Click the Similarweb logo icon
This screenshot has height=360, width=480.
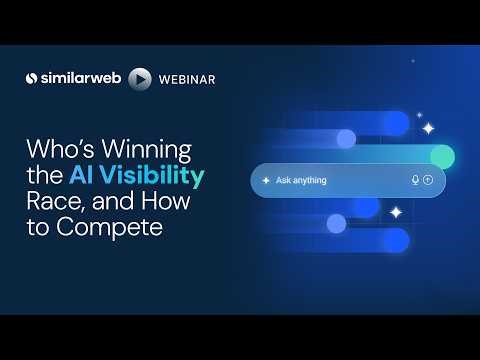pos(33,78)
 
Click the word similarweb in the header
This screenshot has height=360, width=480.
pos(81,78)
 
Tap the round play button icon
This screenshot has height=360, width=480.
pos(141,78)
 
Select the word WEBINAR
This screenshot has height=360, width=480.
pos(187,78)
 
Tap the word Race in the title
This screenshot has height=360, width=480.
pos(49,204)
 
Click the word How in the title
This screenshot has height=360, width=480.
pos(174,204)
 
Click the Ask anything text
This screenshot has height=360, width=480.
pos(302,180)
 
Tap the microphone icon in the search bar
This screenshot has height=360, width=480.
pos(415,180)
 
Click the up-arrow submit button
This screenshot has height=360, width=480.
pos(428,180)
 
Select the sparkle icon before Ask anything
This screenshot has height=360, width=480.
pos(265,180)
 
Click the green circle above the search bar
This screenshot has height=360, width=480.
pos(442,156)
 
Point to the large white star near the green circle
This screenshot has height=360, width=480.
pos(428,128)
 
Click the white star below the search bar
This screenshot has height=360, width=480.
pos(396,212)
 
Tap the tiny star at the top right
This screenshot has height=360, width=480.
pos(420,113)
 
